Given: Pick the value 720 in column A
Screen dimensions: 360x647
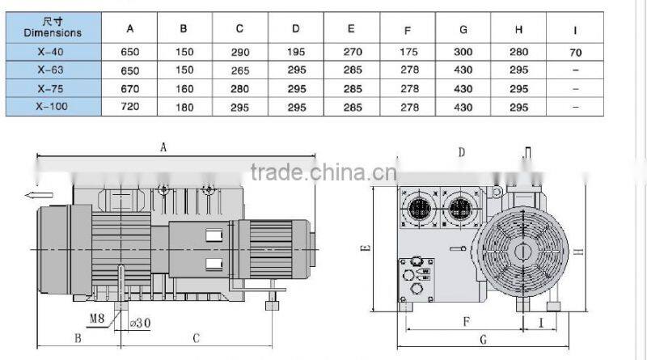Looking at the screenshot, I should (130, 107).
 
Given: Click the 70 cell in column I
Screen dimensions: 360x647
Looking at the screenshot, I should (575, 53).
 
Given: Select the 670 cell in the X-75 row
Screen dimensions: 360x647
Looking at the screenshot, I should (130, 88).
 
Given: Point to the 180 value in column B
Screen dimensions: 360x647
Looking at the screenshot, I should (184, 107).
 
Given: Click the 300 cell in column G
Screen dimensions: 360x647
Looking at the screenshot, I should (463, 53).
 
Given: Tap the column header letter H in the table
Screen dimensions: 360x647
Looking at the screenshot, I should (518, 29).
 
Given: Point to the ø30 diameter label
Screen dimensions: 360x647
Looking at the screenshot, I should (141, 322).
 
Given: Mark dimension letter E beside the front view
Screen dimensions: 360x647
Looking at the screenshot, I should (365, 248).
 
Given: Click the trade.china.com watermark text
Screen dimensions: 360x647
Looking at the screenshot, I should (323, 172).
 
